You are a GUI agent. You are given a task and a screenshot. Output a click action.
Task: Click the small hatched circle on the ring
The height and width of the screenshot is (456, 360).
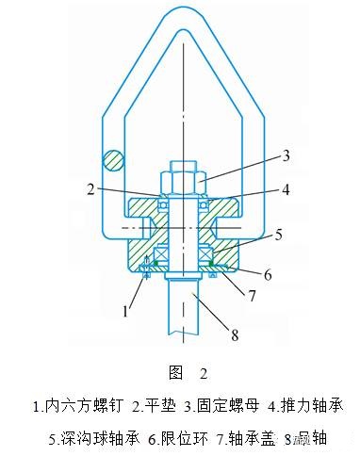[114, 161]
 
